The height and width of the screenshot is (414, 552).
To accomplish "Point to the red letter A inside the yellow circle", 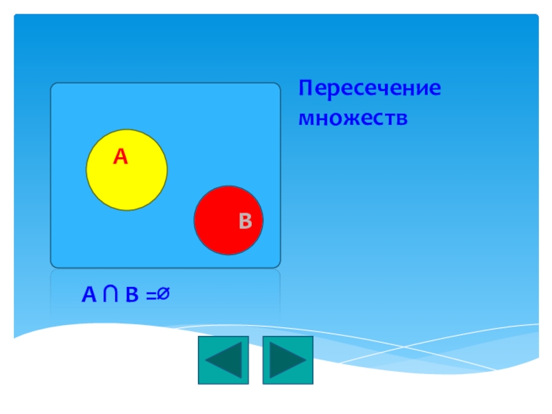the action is (x=121, y=157).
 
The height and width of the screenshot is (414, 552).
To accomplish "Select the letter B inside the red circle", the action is (x=246, y=221).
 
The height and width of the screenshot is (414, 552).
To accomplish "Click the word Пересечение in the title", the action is (x=369, y=90).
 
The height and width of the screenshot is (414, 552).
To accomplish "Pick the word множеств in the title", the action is (x=353, y=118).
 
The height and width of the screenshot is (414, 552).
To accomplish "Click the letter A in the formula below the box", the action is (x=89, y=295).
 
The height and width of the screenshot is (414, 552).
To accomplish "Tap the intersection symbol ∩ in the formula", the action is (x=110, y=295).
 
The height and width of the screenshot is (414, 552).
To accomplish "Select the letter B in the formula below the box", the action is (x=131, y=295).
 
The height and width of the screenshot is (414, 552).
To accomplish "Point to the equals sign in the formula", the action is (x=150, y=296).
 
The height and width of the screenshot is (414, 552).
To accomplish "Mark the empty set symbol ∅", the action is (x=163, y=295).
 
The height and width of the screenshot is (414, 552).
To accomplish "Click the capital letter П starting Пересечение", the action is (x=305, y=90).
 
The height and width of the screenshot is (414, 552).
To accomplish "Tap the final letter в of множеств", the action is (x=403, y=119).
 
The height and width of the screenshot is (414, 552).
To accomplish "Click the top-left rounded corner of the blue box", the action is (x=54, y=87).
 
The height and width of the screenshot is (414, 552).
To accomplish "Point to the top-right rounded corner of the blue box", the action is (x=277, y=87).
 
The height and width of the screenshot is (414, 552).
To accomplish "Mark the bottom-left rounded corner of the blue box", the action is (x=54, y=264).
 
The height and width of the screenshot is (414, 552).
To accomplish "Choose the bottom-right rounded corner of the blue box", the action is (x=277, y=264).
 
